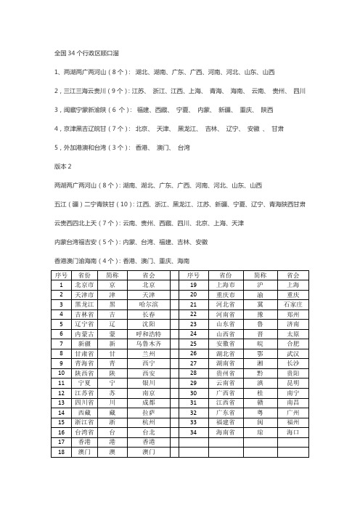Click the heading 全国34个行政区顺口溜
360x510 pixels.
pyautogui.click(x=88, y=53)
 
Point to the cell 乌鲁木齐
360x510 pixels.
pyautogui.click(x=148, y=342)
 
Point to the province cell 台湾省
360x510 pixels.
pyautogui.click(x=85, y=431)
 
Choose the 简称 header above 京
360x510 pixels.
pyautogui.click(x=112, y=275)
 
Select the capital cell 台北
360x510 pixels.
pyautogui.click(x=148, y=431)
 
